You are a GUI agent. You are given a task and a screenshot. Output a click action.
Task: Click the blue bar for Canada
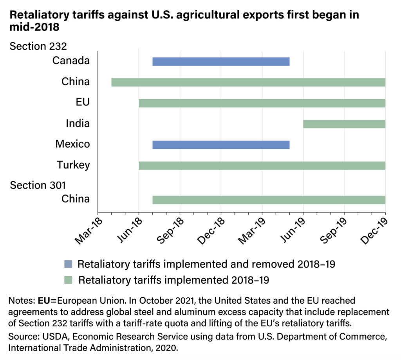click(x=221, y=61)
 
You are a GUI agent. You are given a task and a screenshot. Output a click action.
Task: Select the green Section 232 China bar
click(x=248, y=82)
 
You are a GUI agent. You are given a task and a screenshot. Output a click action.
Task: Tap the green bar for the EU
click(x=262, y=103)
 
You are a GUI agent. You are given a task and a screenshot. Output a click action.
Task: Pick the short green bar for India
click(x=344, y=124)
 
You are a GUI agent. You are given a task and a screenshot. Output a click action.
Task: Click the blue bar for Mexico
click(x=221, y=144)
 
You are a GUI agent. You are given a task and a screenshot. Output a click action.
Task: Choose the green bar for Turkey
click(x=262, y=165)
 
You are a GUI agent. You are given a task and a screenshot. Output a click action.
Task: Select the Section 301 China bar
click(x=269, y=200)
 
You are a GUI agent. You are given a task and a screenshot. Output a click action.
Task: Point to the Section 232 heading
click(x=38, y=46)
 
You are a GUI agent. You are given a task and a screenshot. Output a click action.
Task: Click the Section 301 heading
click(x=38, y=185)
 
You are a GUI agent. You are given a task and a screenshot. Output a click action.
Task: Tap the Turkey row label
click(x=73, y=165)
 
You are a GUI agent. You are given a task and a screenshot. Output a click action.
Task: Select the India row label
click(x=78, y=124)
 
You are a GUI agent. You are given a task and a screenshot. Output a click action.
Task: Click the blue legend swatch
click(x=68, y=264)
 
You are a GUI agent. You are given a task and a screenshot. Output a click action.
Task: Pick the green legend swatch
click(x=68, y=280)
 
